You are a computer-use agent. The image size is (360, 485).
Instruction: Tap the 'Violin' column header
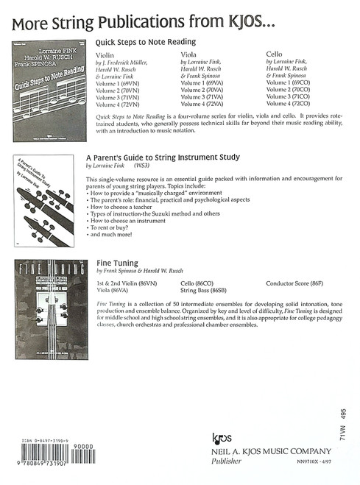106,54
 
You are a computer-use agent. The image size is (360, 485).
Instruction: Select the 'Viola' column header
188,54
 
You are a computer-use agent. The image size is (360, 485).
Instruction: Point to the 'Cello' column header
273,54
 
